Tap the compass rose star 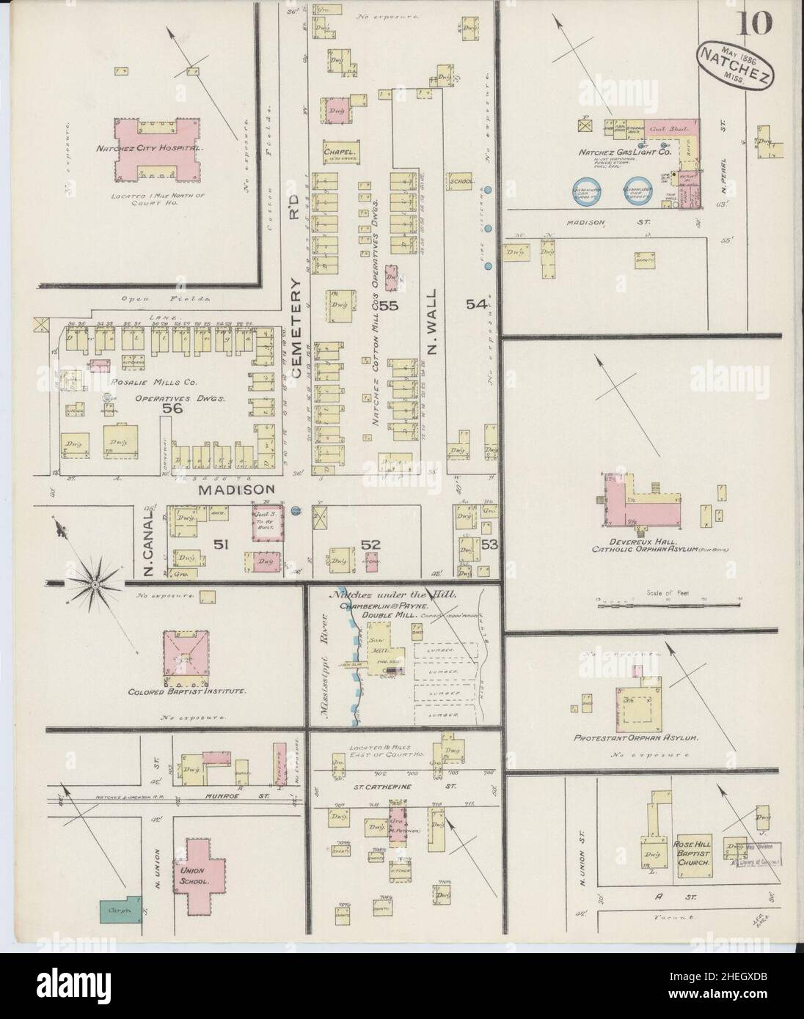click(x=95, y=584)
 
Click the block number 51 click(x=217, y=544)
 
